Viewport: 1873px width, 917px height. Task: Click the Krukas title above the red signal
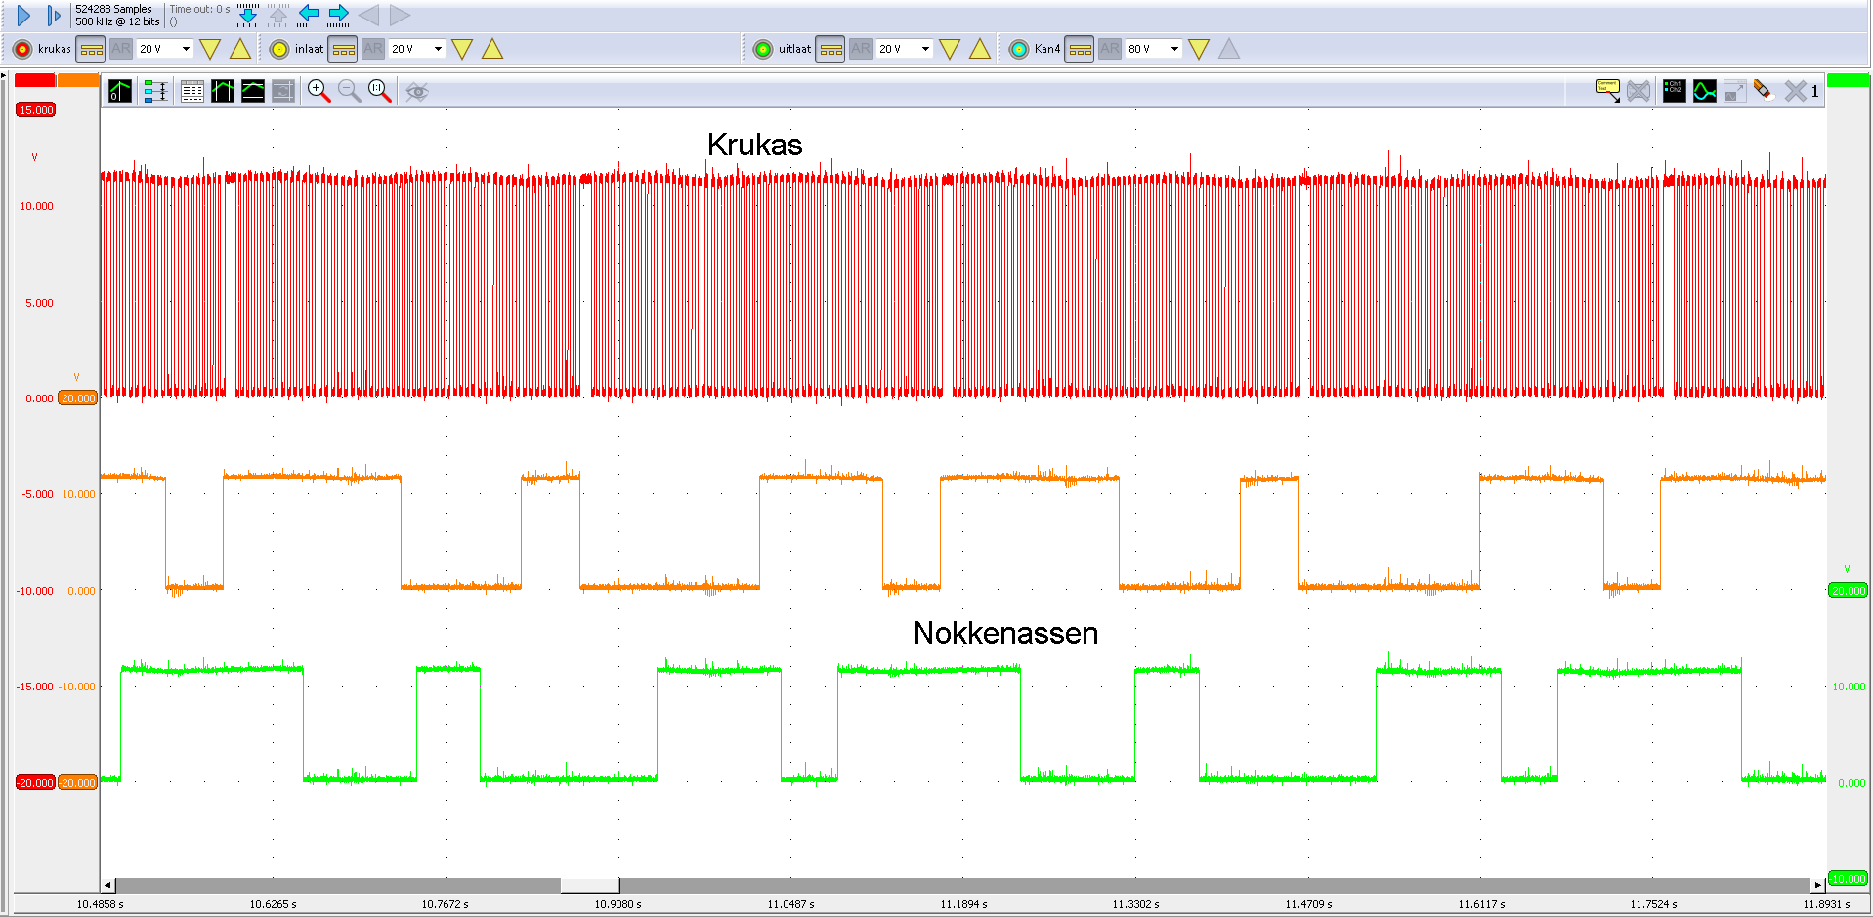(x=754, y=145)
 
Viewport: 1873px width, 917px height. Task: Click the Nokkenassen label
(x=1005, y=633)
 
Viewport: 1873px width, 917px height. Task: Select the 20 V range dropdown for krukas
(x=165, y=49)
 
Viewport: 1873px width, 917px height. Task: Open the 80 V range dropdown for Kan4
(x=1154, y=49)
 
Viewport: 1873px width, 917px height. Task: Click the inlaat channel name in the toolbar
(x=309, y=49)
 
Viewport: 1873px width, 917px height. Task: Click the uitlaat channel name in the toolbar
(x=794, y=49)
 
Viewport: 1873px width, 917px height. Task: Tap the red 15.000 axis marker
(x=36, y=110)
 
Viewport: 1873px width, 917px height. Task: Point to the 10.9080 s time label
(x=617, y=904)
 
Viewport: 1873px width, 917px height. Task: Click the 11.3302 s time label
(x=1135, y=904)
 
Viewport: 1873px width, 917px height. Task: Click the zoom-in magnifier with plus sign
(x=319, y=91)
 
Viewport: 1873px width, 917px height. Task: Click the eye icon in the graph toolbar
(x=417, y=92)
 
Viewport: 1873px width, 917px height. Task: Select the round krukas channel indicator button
(x=22, y=49)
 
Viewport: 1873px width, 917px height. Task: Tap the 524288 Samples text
(x=113, y=9)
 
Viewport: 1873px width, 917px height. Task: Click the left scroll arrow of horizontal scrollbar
(x=107, y=885)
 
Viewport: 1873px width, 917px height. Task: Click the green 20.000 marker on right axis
(x=1848, y=591)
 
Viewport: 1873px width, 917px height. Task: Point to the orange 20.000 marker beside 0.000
(x=78, y=398)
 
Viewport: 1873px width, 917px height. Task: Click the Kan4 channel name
(x=1046, y=49)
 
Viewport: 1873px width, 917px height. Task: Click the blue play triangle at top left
(x=24, y=16)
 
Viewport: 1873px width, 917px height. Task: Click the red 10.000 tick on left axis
(x=36, y=206)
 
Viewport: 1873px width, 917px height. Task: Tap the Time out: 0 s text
(x=199, y=9)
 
